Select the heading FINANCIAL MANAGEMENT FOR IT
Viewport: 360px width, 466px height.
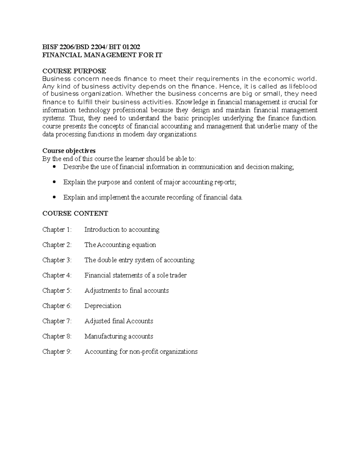tap(102, 55)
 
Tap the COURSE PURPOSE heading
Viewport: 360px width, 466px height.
tap(74, 71)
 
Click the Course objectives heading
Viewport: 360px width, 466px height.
tap(69, 150)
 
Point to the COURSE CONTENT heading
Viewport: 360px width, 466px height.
tap(75, 214)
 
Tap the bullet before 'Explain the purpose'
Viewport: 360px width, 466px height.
tap(54, 182)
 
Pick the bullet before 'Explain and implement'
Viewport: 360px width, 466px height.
tap(54, 197)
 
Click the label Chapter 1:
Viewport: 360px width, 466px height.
tap(57, 230)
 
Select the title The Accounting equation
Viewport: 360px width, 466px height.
tap(120, 245)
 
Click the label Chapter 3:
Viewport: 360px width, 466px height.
tap(57, 260)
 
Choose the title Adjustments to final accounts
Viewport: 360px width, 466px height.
tap(126, 291)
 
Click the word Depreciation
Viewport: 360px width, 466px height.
tap(103, 306)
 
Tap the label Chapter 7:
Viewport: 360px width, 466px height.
tap(57, 321)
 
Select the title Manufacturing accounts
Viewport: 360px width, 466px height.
tap(118, 337)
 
